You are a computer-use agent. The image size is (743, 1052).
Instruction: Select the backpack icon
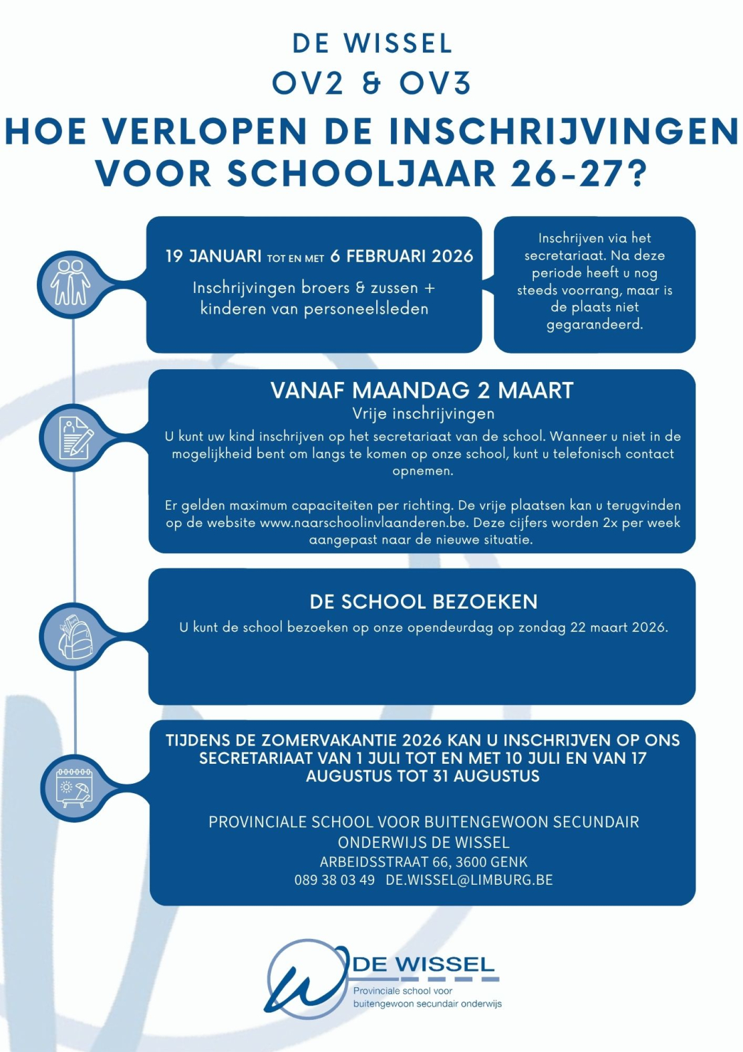coord(74,636)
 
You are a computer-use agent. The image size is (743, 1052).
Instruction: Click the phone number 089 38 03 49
coord(334,880)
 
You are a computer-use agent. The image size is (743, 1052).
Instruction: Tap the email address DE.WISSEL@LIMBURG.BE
coord(469,880)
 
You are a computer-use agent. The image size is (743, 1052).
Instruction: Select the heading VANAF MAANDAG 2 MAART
coord(422,391)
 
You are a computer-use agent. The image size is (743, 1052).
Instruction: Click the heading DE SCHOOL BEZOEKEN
coord(423,602)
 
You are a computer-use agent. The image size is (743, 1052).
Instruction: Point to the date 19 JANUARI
coord(213,257)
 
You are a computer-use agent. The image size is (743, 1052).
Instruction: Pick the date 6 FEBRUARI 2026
coord(402,257)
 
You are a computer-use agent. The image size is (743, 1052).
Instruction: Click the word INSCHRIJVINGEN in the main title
coord(564,131)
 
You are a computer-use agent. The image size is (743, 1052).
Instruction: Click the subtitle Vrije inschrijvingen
coord(423,414)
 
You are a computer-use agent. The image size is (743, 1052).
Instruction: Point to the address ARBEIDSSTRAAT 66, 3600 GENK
coord(423,862)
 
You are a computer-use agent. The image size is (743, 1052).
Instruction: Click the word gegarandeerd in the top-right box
coord(594,325)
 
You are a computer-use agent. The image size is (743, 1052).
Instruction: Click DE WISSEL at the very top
coord(372,44)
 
